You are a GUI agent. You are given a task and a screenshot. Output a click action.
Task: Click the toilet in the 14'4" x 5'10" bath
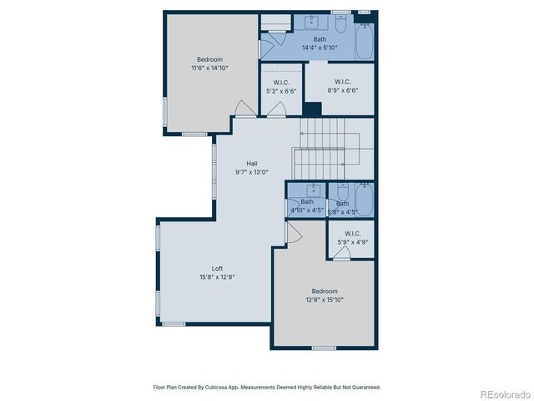point(340,23)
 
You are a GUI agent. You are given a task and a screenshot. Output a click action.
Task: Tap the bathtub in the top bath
point(365,40)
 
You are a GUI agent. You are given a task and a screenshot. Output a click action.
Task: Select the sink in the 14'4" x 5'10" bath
point(319,21)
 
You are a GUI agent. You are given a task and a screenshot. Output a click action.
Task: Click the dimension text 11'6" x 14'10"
point(209,68)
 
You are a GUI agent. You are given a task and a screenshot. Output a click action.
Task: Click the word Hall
point(251,163)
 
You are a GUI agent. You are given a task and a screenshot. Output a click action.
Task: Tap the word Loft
point(217,268)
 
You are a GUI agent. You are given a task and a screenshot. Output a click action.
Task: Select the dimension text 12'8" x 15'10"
point(324,299)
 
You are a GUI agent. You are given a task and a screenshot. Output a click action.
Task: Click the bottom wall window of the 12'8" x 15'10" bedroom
point(323,348)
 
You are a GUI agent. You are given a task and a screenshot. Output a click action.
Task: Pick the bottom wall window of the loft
point(174,323)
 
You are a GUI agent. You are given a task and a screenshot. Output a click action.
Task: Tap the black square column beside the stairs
point(312,109)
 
